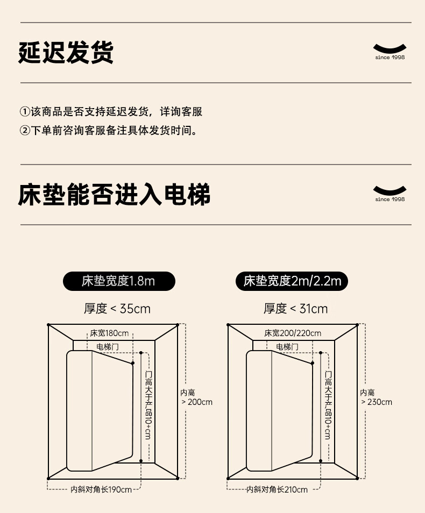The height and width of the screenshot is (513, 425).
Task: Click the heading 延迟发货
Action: click(x=66, y=53)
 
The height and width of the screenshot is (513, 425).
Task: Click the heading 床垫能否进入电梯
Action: click(x=114, y=195)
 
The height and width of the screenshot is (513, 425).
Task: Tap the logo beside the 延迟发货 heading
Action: click(x=389, y=51)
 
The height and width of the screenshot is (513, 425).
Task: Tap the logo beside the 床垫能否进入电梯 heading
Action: click(x=389, y=193)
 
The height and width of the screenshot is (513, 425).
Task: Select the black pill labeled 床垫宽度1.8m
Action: click(x=119, y=281)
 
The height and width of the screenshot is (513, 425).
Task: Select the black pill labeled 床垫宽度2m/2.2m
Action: click(x=292, y=281)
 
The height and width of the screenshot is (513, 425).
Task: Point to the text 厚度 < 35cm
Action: click(x=117, y=309)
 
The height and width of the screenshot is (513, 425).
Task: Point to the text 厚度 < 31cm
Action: click(x=295, y=309)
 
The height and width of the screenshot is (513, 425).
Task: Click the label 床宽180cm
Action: click(x=109, y=333)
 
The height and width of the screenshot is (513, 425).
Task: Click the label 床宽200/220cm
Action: click(x=293, y=333)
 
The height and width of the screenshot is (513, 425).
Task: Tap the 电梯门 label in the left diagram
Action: click(x=108, y=347)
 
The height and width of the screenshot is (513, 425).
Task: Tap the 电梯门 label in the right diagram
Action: click(x=287, y=347)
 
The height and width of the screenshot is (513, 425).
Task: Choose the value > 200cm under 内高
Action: click(x=197, y=402)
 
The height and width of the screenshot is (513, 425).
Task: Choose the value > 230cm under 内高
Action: click(x=377, y=402)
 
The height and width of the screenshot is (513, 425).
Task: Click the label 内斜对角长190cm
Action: click(x=101, y=489)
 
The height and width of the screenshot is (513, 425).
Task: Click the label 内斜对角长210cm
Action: click(x=277, y=489)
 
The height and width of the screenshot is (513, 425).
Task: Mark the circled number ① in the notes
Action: click(x=25, y=112)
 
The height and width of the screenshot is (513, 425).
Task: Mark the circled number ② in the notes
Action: click(x=25, y=130)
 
